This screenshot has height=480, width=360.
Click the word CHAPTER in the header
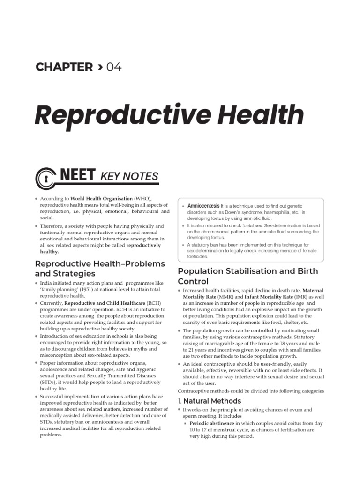click(64, 67)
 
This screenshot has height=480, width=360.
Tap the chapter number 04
click(114, 67)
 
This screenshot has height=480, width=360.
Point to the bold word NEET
click(78, 176)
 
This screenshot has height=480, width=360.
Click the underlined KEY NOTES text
click(129, 177)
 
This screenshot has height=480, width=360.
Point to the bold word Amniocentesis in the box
click(203, 206)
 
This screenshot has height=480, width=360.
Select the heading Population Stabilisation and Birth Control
click(247, 276)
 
